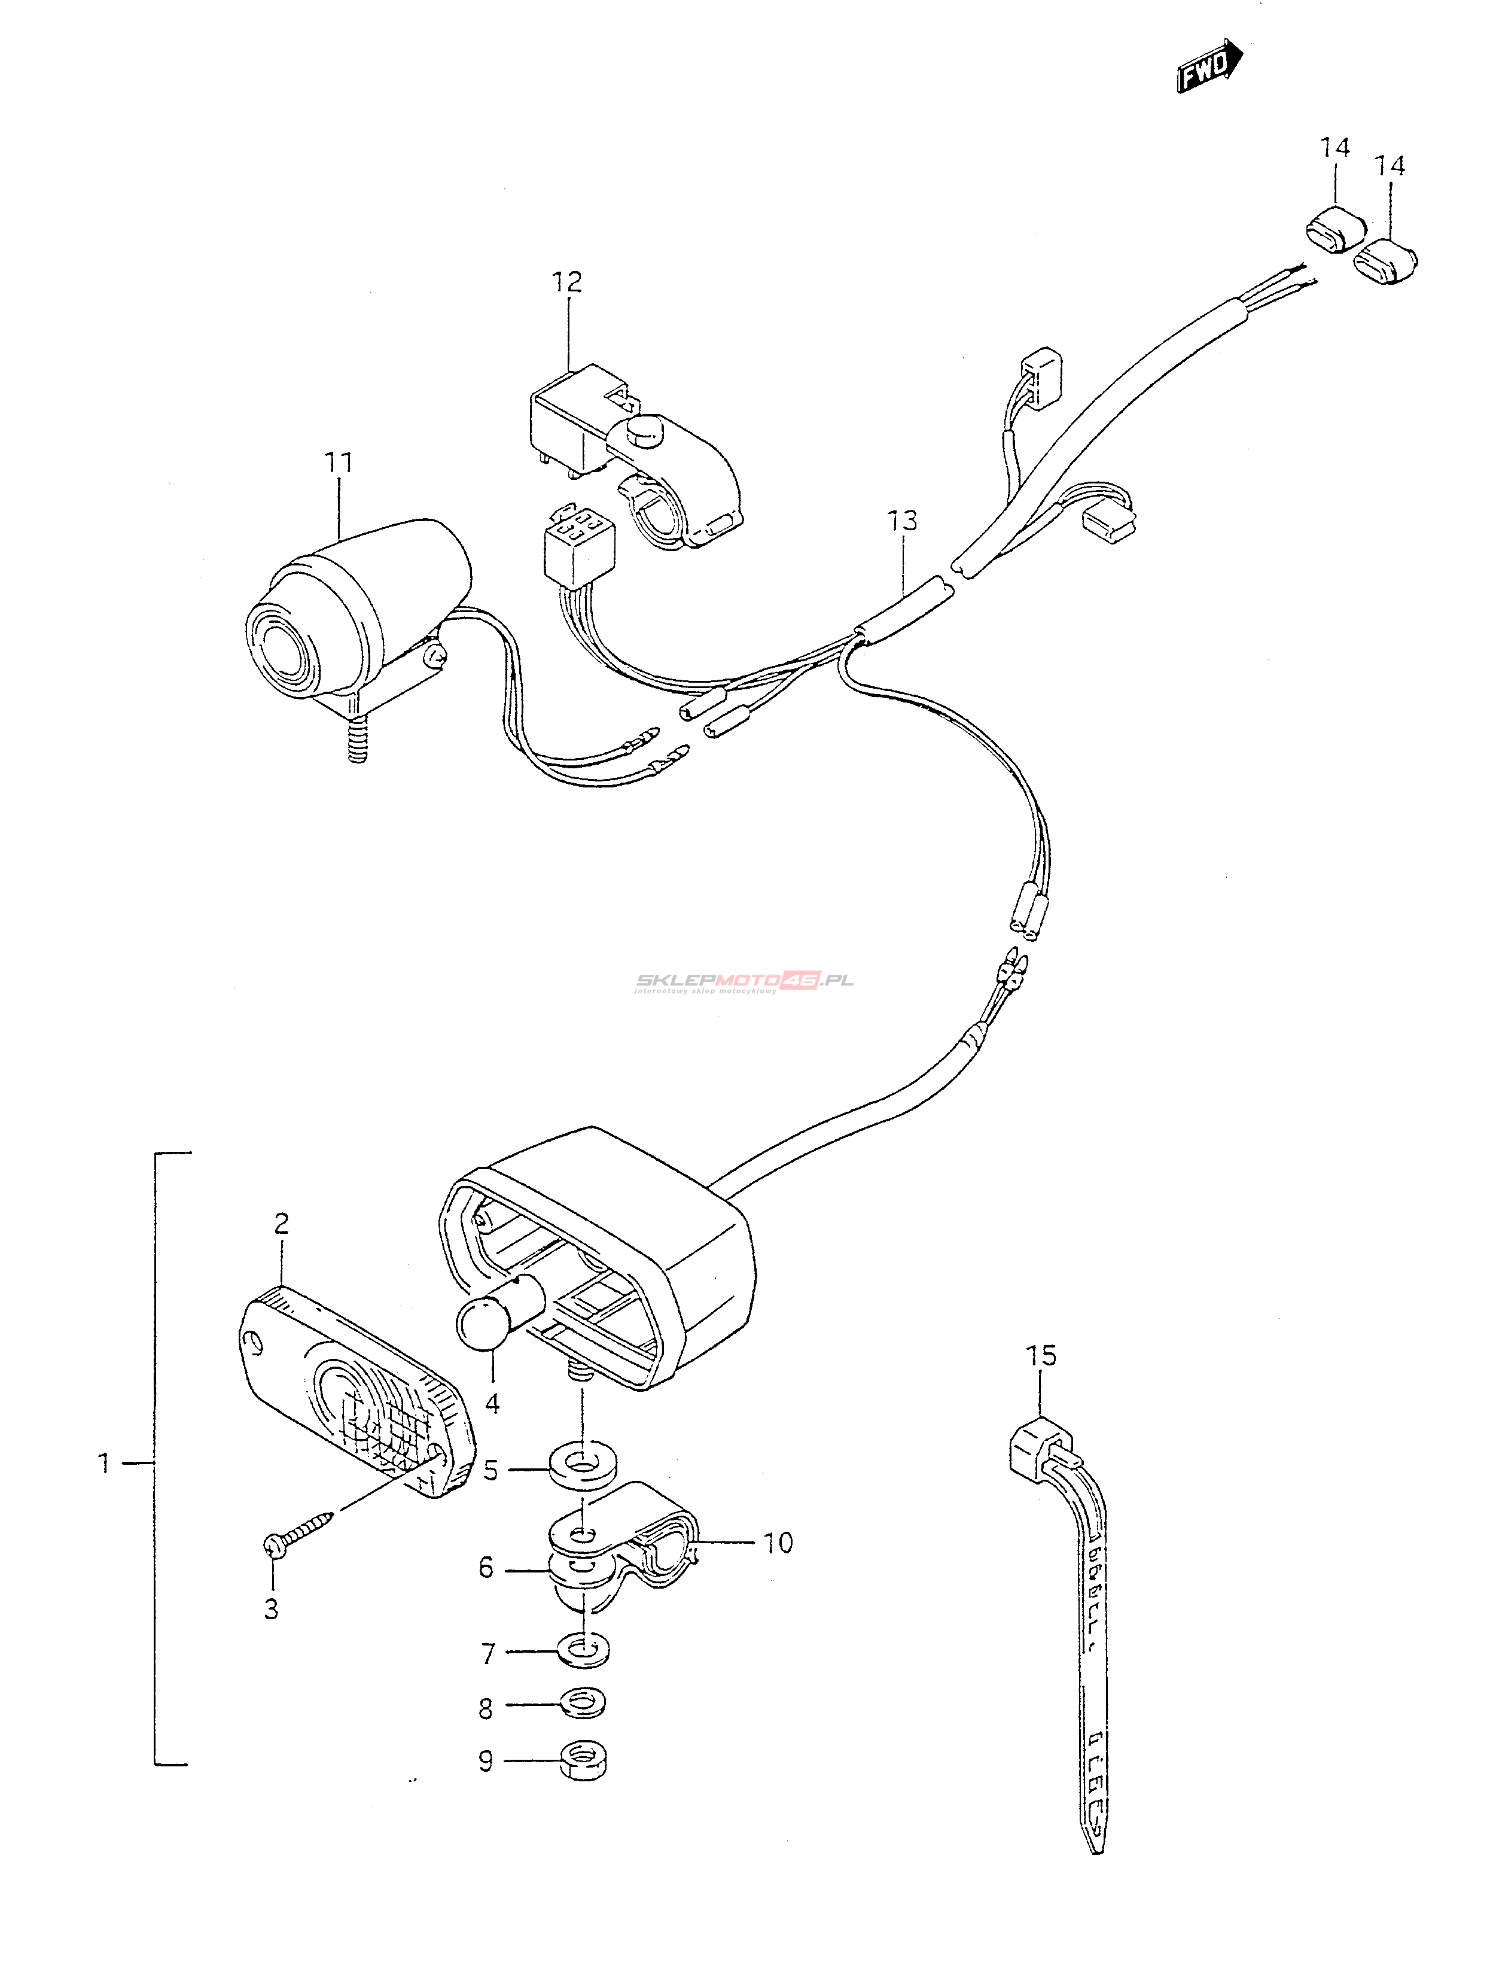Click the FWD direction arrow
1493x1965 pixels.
[1209, 66]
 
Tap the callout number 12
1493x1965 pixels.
[566, 282]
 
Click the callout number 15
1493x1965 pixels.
[1041, 1356]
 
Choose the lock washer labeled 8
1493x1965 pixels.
[582, 1707]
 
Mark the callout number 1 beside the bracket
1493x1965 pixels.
[104, 1462]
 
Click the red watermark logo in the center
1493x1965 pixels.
[745, 981]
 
